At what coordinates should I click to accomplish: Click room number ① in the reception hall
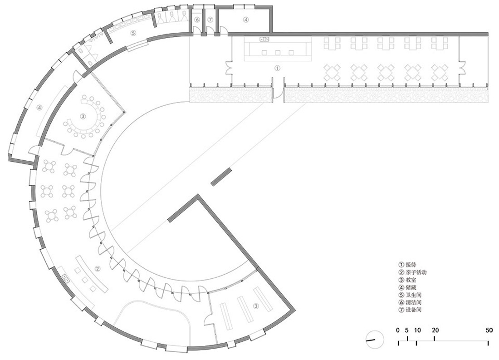[277, 68]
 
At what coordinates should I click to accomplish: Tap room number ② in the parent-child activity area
[98, 269]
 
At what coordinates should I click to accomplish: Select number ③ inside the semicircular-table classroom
[83, 116]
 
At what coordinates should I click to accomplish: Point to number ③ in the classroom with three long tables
[256, 306]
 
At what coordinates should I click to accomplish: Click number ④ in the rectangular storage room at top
[246, 20]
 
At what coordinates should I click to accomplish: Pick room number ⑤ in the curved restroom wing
[133, 33]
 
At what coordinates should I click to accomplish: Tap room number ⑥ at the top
[197, 20]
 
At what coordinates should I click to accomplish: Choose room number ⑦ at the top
[210, 20]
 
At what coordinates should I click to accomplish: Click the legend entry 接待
[411, 265]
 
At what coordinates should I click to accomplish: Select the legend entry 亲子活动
[416, 272]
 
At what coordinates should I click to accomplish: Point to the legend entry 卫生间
[413, 295]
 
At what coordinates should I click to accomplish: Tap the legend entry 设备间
[413, 310]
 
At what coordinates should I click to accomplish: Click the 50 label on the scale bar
[489, 330]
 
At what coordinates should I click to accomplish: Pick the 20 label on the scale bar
[435, 330]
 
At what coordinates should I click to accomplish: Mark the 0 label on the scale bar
[398, 330]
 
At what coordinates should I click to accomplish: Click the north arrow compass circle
[375, 339]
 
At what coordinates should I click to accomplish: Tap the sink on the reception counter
[264, 39]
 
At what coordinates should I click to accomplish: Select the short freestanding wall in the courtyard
[221, 177]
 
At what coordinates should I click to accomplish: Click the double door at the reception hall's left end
[229, 68]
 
